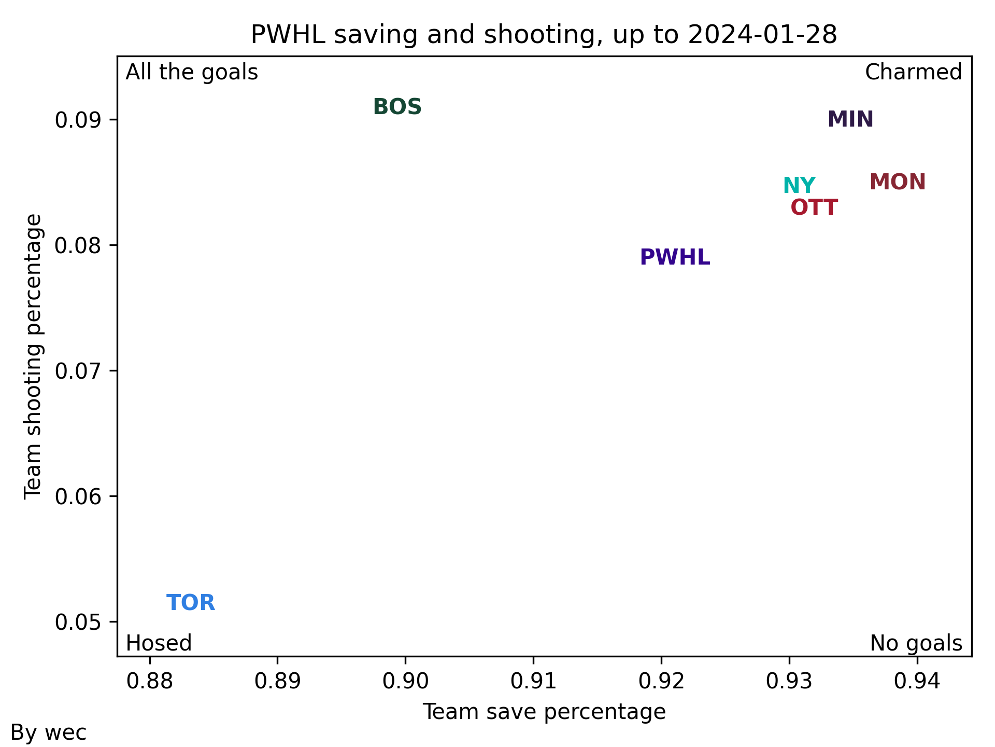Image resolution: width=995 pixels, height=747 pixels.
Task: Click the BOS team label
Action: click(397, 107)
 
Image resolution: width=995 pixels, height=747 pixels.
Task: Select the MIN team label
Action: click(850, 119)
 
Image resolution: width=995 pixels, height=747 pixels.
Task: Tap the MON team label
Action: click(898, 182)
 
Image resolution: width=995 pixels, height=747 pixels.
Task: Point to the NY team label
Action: click(799, 185)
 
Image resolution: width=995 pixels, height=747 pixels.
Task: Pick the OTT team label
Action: click(814, 208)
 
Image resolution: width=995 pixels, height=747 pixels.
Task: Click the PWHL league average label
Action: click(675, 257)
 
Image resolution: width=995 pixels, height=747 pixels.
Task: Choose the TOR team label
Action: click(191, 603)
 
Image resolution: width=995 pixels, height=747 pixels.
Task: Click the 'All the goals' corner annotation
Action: click(192, 73)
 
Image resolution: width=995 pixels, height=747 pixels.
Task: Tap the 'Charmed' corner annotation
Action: click(913, 73)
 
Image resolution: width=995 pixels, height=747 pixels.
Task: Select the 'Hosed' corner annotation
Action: click(159, 643)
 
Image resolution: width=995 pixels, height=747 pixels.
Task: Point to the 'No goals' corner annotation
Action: click(916, 643)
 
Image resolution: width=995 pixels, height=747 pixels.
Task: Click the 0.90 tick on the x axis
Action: click(405, 681)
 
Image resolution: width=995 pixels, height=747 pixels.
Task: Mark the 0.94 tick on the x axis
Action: click(917, 681)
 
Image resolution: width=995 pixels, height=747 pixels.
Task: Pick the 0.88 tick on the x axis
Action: click(150, 681)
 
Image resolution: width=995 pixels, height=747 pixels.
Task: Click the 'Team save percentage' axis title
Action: click(544, 712)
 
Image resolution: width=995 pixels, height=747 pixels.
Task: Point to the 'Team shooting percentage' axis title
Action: click(33, 356)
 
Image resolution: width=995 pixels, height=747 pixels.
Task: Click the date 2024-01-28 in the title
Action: click(762, 35)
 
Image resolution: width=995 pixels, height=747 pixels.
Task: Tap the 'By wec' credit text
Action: click(49, 733)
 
